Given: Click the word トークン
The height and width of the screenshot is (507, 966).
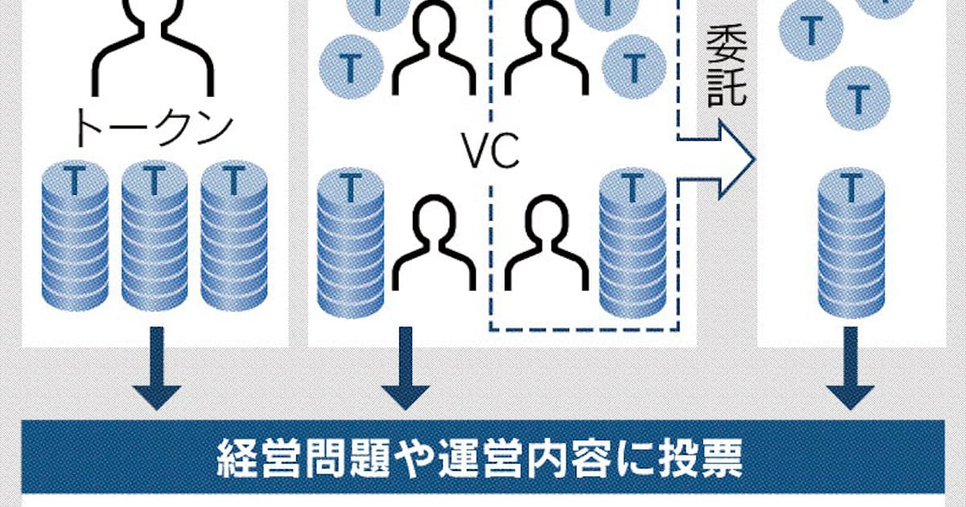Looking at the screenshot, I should pyautogui.click(x=154, y=127).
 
